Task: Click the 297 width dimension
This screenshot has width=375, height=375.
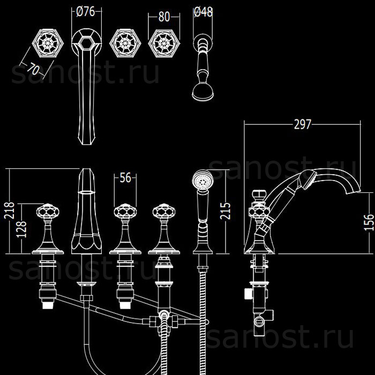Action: [x=303, y=125]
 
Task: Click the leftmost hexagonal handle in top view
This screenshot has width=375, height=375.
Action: [x=46, y=43]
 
